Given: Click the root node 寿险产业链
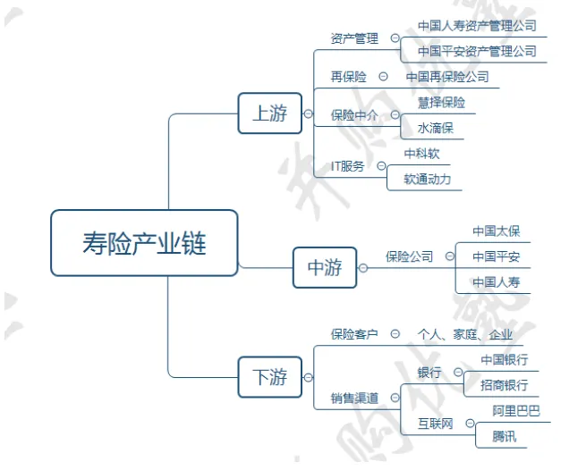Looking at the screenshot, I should (144, 242).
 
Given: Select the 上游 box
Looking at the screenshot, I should (269, 113).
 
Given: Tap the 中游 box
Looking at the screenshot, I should (325, 267).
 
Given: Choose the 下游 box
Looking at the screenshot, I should (269, 378).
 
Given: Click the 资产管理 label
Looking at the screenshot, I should (354, 38).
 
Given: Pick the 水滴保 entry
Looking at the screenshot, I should (435, 128).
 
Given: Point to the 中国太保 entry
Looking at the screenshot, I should (496, 231).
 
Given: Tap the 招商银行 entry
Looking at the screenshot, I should (504, 385).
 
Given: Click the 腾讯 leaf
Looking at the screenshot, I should (504, 437).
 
